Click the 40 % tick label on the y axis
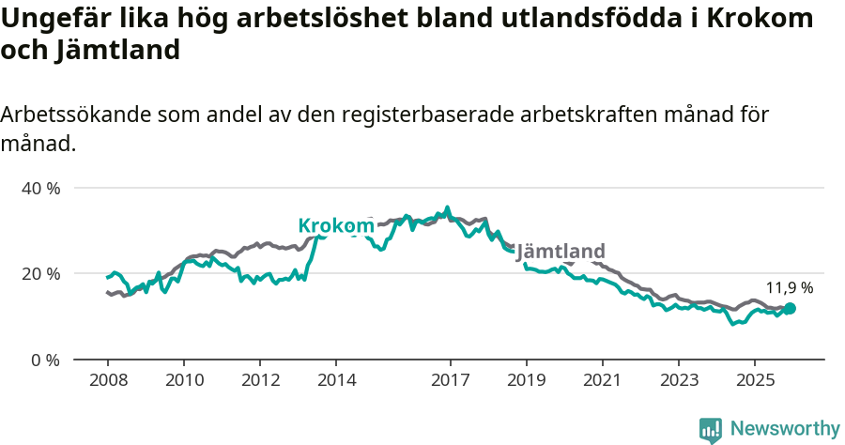(40, 188)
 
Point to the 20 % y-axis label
(40, 273)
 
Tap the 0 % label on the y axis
(44, 360)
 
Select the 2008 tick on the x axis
(107, 380)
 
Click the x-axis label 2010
(183, 380)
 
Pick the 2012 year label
(260, 380)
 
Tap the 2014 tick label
(336, 380)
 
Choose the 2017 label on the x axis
(450, 380)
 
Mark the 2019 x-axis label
(526, 380)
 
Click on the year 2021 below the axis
(602, 380)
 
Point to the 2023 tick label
(679, 380)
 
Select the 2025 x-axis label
(755, 380)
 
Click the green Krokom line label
(336, 225)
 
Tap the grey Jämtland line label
(561, 251)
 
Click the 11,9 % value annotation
(790, 288)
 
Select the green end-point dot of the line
(790, 308)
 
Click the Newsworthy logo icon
(711, 429)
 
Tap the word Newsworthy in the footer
(785, 429)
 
